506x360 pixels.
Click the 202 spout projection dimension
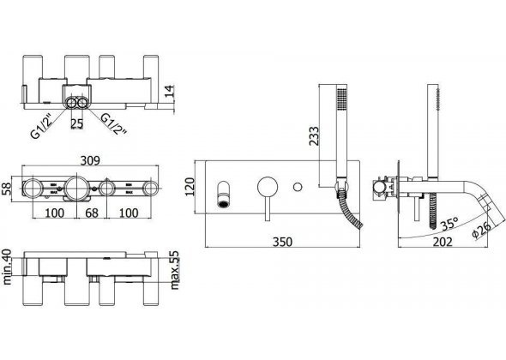443,243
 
